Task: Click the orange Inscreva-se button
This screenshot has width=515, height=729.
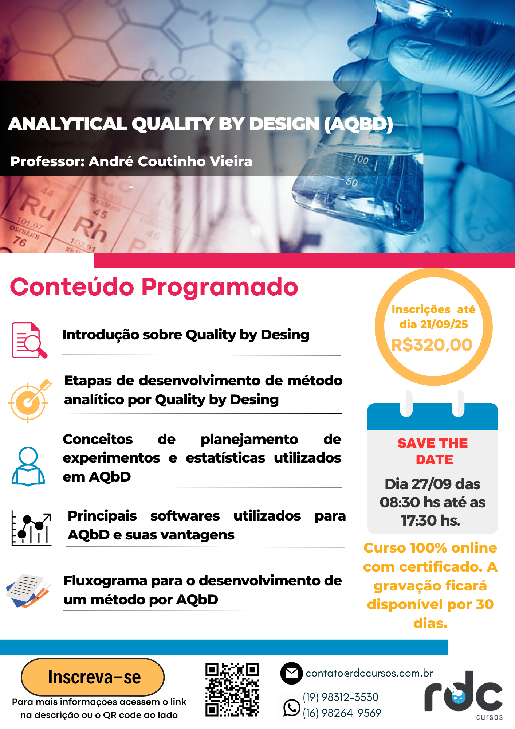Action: (x=93, y=677)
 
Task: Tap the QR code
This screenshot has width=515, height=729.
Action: (x=232, y=690)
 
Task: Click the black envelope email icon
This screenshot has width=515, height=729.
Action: (x=291, y=673)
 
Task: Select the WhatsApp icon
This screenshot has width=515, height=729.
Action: (x=291, y=707)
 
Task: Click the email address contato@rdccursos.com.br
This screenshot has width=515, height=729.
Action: (x=369, y=673)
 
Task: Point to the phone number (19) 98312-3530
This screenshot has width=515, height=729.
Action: (x=341, y=697)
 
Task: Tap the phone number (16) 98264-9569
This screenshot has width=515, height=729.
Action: (x=342, y=713)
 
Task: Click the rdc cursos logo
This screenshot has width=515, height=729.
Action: (x=464, y=694)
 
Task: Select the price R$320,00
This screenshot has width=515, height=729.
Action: (x=432, y=344)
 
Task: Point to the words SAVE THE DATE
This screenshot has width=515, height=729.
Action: (x=433, y=451)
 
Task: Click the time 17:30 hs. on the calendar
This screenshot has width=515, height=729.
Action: (x=431, y=521)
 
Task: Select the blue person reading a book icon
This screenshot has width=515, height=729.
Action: (x=28, y=466)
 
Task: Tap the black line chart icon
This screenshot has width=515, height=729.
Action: (x=31, y=528)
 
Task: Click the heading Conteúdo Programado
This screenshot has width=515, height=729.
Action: (x=154, y=287)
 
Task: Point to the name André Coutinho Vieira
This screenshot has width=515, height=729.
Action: (x=170, y=161)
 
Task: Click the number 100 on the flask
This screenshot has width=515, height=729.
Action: (x=360, y=159)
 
